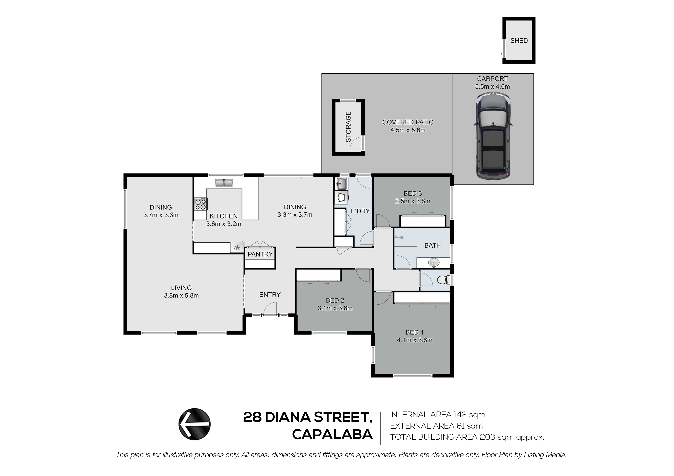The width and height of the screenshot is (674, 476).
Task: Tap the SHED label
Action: [x=519, y=41]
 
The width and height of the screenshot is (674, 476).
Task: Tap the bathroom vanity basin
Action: [x=434, y=262]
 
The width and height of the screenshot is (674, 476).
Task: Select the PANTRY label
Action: [x=260, y=254]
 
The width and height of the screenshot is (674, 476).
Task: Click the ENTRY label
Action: [x=270, y=295]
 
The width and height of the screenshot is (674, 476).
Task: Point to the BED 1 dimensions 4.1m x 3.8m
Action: [x=414, y=340]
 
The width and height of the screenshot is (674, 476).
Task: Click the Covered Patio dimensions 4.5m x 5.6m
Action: [x=408, y=130]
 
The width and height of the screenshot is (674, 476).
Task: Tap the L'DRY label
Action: [x=360, y=211]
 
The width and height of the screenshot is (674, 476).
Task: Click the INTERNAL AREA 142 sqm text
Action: [x=437, y=415]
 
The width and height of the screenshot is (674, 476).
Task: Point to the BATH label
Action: [x=432, y=245]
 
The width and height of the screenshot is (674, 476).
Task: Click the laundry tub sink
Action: [x=341, y=184]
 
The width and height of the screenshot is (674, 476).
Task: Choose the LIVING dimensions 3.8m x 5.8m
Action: [x=181, y=296]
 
